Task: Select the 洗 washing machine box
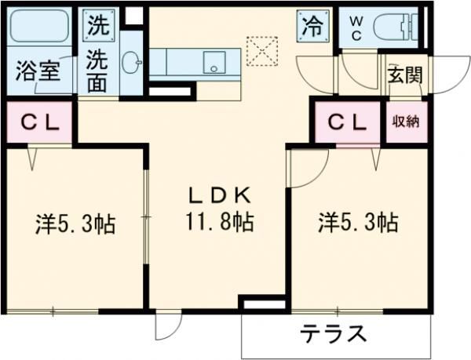[x=98, y=24]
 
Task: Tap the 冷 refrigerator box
[x=309, y=25]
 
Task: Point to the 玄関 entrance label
[x=403, y=75]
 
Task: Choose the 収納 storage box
[x=405, y=122]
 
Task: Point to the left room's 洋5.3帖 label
[x=75, y=224]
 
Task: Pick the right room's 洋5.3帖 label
[x=357, y=222]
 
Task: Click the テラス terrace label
[x=334, y=334]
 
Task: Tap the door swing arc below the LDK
[x=167, y=325]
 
